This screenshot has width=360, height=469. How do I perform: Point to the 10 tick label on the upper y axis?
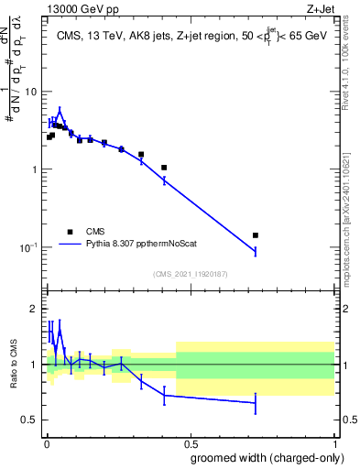tap(31, 92)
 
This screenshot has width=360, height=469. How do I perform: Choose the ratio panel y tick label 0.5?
tap(31, 420)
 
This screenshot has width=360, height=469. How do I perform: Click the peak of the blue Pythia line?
tap(60, 111)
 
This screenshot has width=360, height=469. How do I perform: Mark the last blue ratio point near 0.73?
tap(256, 403)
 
